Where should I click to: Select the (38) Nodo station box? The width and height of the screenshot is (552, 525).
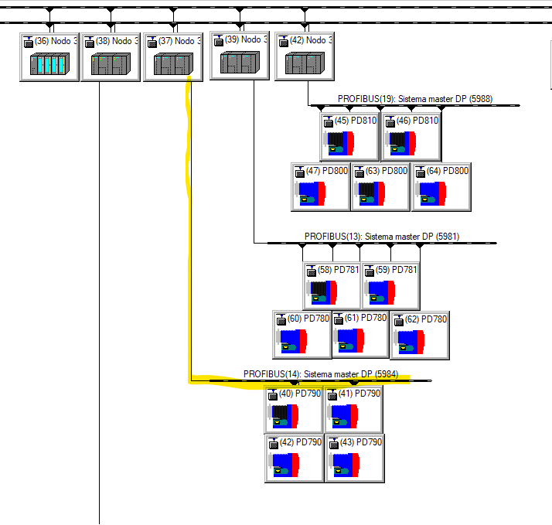click(x=111, y=56)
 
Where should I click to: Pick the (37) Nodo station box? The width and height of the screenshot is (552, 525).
click(x=172, y=56)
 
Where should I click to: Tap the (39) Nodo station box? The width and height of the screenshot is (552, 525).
click(x=239, y=55)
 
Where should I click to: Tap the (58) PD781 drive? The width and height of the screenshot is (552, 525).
click(x=332, y=285)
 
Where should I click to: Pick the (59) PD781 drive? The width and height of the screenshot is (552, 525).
click(x=390, y=285)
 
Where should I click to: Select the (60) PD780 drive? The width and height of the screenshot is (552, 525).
click(x=302, y=334)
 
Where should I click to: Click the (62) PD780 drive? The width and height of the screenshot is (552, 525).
click(x=419, y=334)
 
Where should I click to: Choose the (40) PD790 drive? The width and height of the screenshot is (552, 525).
click(x=294, y=409)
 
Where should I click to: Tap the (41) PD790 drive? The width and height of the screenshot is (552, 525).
click(x=354, y=409)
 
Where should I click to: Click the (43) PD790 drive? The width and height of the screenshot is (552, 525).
click(x=354, y=459)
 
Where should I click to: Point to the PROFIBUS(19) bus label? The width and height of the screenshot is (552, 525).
click(x=414, y=99)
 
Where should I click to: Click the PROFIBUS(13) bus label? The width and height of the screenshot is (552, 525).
click(x=382, y=237)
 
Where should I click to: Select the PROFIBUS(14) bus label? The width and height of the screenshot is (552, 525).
click(x=321, y=374)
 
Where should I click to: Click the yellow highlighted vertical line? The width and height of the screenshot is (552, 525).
click(x=189, y=232)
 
